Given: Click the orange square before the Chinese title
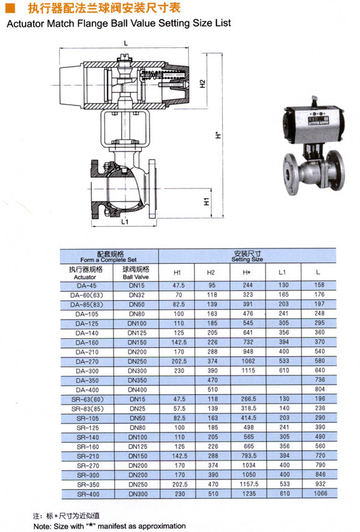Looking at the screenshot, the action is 11,8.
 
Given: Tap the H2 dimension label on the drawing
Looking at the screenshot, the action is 203,84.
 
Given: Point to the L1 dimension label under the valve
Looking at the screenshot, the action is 125,221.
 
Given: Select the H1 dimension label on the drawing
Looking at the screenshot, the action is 207,201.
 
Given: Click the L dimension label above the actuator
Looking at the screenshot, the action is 126,44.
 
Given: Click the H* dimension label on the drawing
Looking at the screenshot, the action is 218,135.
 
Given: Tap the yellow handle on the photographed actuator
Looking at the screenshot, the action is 314,100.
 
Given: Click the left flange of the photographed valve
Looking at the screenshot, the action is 291,174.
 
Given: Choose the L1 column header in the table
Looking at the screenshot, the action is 282,272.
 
